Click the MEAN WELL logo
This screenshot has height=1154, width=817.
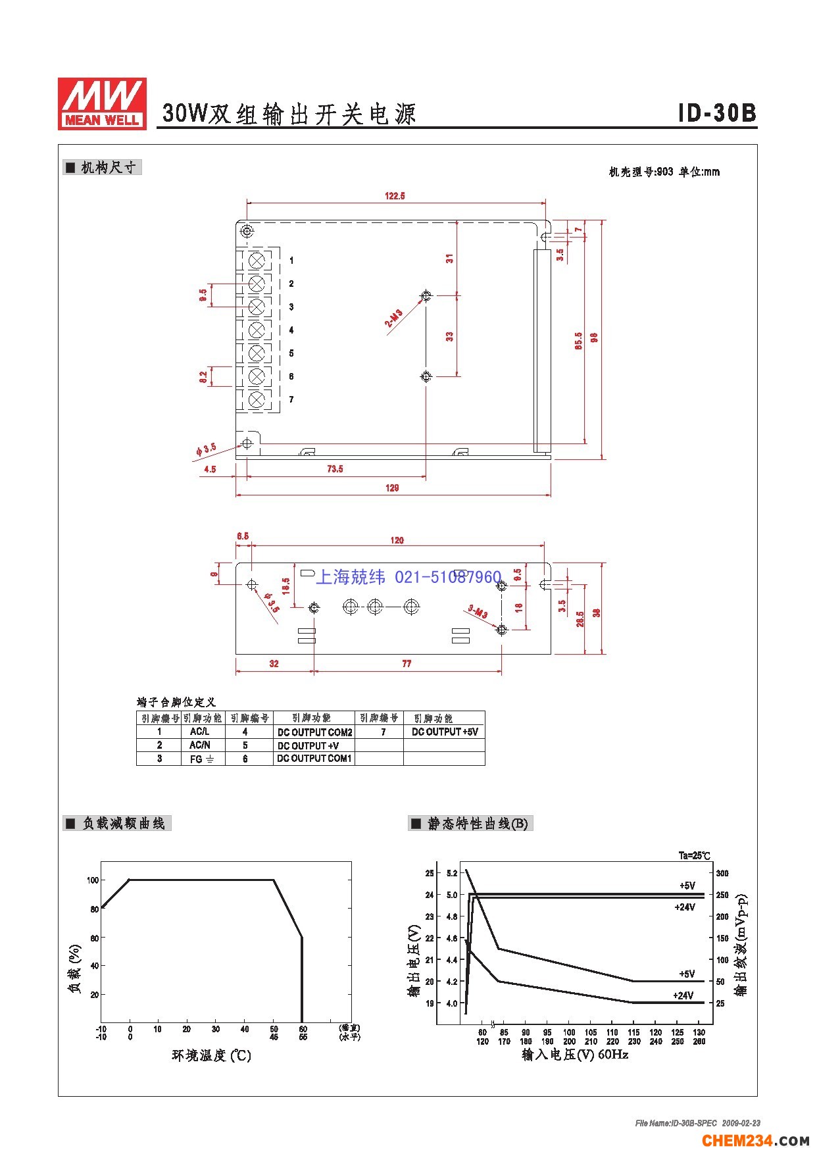pyautogui.click(x=102, y=103)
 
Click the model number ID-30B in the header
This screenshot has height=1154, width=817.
pyautogui.click(x=717, y=113)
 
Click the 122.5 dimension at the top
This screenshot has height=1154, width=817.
pyautogui.click(x=395, y=195)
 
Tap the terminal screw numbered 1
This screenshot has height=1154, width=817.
pyautogui.click(x=257, y=259)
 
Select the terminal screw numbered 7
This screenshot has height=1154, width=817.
pyautogui.click(x=257, y=399)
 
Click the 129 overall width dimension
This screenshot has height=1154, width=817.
pyautogui.click(x=392, y=488)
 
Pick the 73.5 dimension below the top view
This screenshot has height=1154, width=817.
pyautogui.click(x=335, y=468)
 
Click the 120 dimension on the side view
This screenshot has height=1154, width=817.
pyautogui.click(x=397, y=540)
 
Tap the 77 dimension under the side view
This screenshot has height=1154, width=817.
pyautogui.click(x=407, y=663)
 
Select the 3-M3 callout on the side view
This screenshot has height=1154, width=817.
pyautogui.click(x=478, y=612)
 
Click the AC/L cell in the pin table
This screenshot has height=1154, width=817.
pyautogui.click(x=199, y=732)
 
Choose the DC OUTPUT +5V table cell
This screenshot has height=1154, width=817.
pyautogui.click(x=445, y=732)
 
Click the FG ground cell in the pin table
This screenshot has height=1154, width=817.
pyautogui.click(x=202, y=759)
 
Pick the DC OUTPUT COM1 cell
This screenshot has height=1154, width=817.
pyautogui.click(x=314, y=759)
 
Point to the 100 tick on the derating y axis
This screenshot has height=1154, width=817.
pyautogui.click(x=93, y=880)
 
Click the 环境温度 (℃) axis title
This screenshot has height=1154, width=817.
pyautogui.click(x=211, y=1055)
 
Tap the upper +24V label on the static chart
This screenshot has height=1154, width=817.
pyautogui.click(x=684, y=907)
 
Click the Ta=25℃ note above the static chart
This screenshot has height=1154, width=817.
pyautogui.click(x=694, y=855)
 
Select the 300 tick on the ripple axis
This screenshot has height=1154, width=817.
pyautogui.click(x=722, y=873)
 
